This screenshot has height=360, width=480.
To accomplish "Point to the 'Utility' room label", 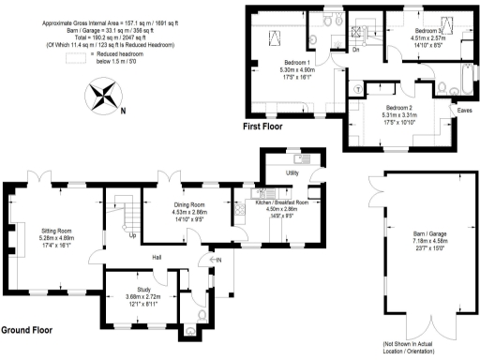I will point(292,172).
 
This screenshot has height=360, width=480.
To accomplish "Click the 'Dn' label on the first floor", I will point(357,50).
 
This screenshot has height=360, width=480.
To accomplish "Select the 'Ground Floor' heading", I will point(27,331).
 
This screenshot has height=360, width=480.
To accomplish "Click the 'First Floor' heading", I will point(264,126).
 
